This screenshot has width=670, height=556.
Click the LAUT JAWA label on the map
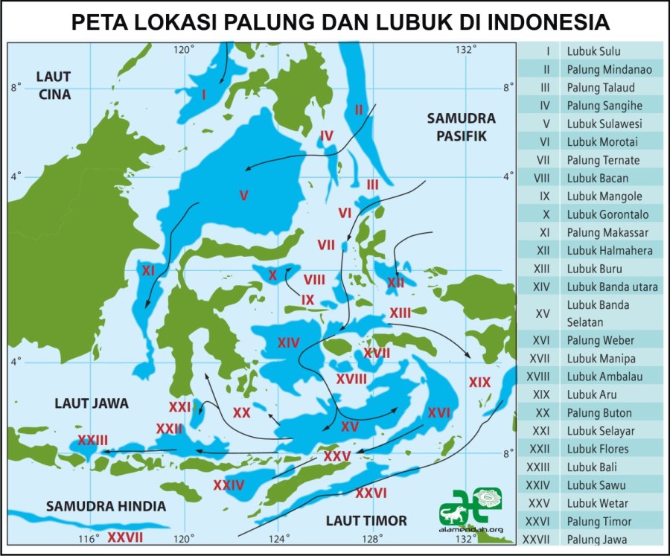(x=92, y=403)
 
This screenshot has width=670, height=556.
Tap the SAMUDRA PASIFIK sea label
(x=461, y=127)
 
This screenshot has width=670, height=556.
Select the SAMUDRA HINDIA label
(x=106, y=506)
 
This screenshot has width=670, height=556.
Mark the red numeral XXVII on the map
(x=125, y=537)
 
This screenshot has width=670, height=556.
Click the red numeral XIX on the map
(x=480, y=383)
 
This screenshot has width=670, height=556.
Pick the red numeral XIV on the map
(x=288, y=342)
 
